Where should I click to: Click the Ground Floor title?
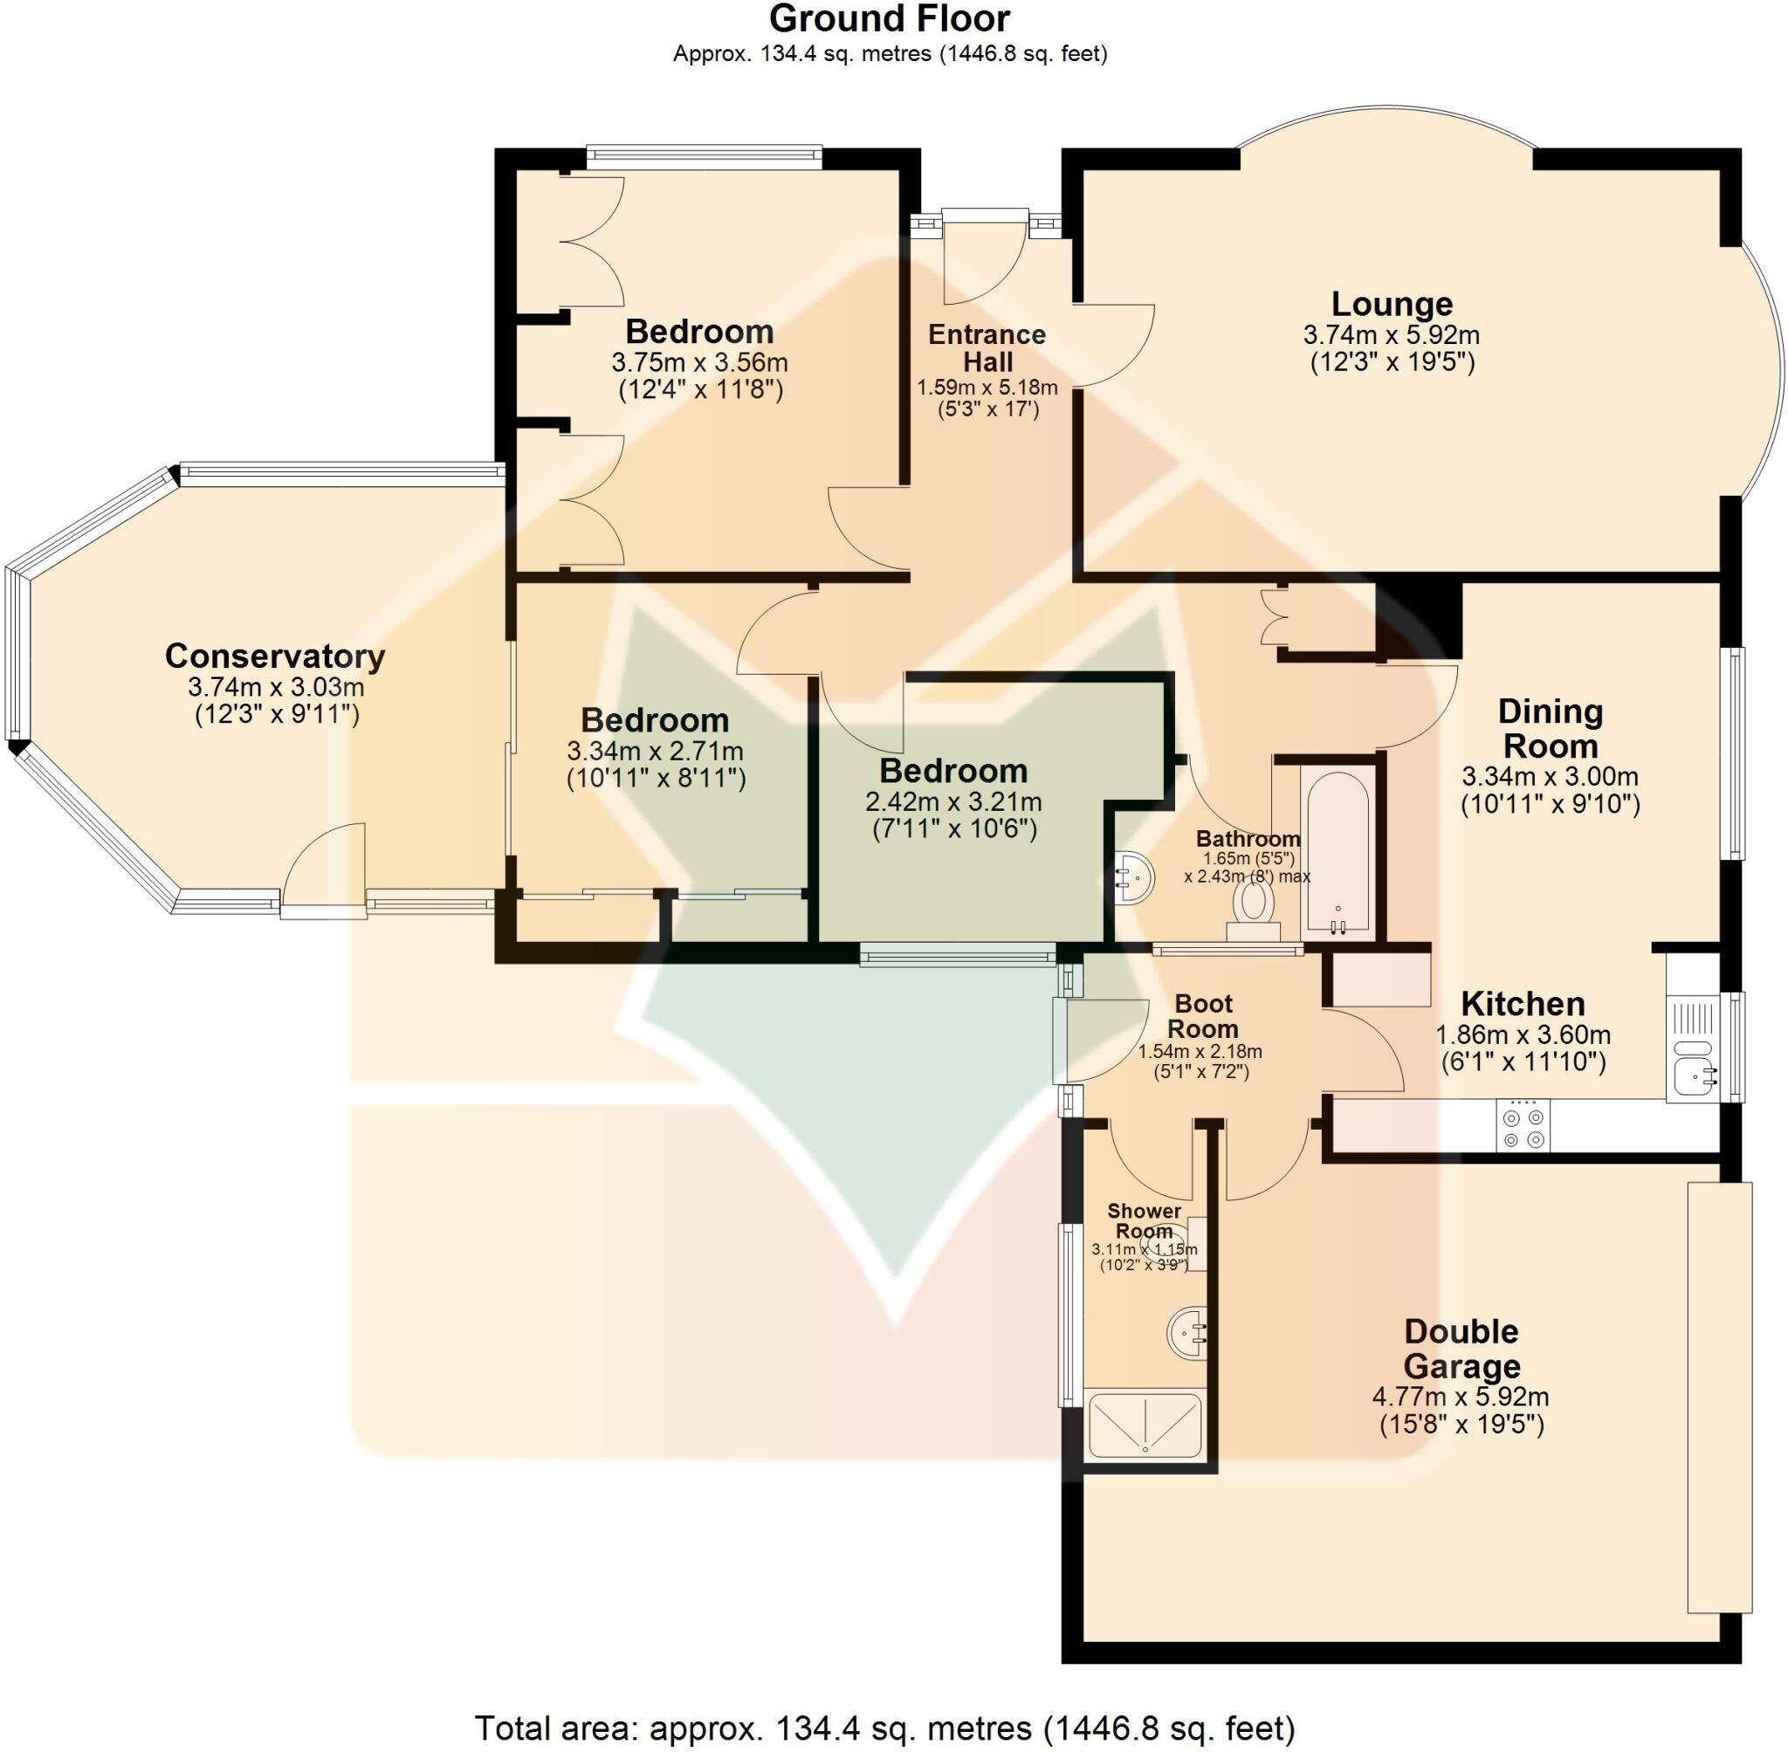[x=889, y=18]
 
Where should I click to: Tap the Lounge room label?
[x=1392, y=304]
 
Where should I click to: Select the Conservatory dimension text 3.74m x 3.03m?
[x=276, y=686]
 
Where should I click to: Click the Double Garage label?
[x=1461, y=1349]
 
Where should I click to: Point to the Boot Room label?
[x=1203, y=1016]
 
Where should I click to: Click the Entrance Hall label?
[x=987, y=347]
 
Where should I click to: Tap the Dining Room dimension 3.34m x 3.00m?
[x=1550, y=777]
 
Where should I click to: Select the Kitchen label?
[x=1523, y=1003]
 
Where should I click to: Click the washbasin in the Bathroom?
[x=1134, y=878]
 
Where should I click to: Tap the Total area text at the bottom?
[x=884, y=1728]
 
